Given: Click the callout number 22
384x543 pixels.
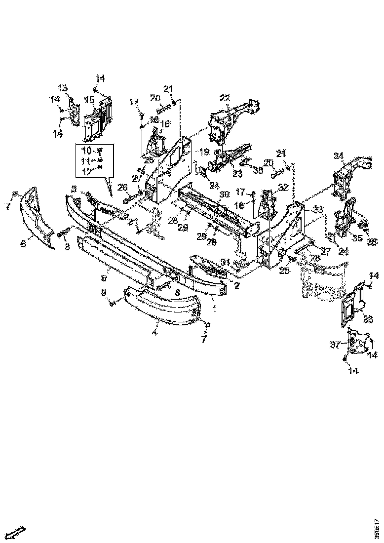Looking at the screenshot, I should coord(225,98).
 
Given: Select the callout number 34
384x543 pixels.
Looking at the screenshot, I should coord(338,156).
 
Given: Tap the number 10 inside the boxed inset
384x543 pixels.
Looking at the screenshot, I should coord(86,150).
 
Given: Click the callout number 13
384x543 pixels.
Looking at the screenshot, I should coord(63,88).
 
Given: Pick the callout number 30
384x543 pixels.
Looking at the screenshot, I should coord(224,194).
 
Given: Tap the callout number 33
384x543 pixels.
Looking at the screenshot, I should coord(318,210).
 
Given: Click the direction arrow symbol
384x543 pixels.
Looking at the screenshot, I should coord(17,532).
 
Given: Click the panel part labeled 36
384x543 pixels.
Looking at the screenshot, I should coord(353,302).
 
